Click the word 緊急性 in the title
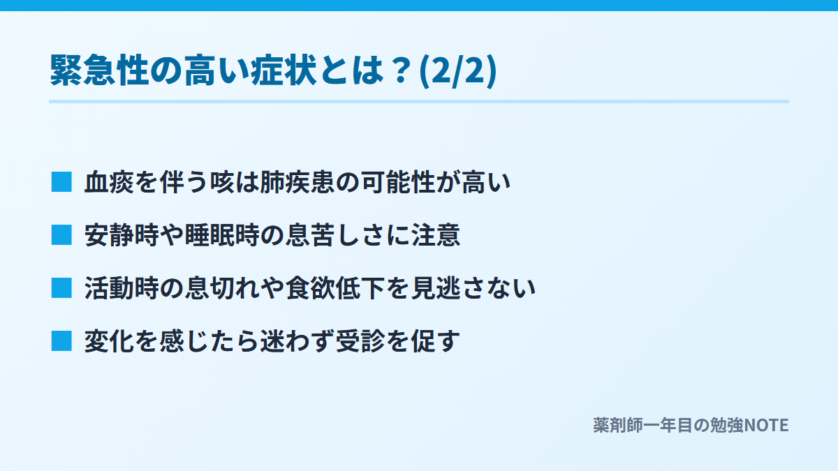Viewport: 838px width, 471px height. [x=99, y=70]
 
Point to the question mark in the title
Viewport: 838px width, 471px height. [x=401, y=70]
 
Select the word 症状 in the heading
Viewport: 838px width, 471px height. [x=284, y=70]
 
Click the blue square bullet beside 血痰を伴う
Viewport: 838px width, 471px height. [x=61, y=181]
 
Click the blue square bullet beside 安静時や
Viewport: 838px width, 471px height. [x=61, y=234]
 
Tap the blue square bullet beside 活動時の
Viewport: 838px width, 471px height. [x=61, y=287]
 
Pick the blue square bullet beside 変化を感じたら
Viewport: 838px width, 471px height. [x=61, y=341]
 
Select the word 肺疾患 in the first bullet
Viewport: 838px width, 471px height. [x=297, y=182]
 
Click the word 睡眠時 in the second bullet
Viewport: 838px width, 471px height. [x=222, y=235]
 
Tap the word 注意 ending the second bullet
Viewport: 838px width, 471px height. [x=436, y=235]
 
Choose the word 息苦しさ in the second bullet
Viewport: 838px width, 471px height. [x=335, y=235]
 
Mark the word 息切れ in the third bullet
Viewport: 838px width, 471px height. [x=222, y=288]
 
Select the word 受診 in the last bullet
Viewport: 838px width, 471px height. [x=360, y=341]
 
